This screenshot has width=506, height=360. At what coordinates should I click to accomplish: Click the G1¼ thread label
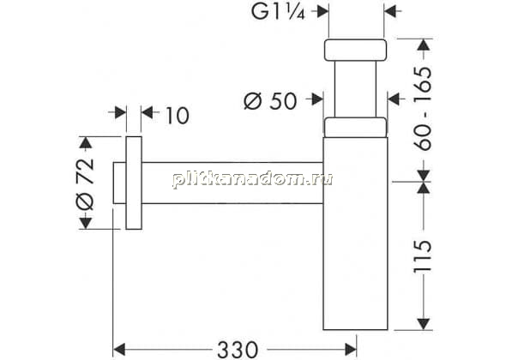tap(278, 12)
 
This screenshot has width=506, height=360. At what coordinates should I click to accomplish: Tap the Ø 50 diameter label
tap(270, 100)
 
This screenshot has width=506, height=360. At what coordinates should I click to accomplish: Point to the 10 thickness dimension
tap(178, 115)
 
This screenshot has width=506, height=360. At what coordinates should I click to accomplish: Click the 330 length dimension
tap(238, 350)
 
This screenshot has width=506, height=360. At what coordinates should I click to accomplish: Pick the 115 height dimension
tap(423, 256)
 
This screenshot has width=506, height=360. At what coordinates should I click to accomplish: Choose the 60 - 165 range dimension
tap(423, 108)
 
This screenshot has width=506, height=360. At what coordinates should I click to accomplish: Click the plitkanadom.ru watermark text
tap(252, 179)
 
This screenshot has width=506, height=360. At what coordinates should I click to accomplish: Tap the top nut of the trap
tap(355, 50)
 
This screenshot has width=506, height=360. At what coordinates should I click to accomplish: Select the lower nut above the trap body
tap(355, 128)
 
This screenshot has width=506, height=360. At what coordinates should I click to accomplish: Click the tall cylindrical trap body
tap(355, 233)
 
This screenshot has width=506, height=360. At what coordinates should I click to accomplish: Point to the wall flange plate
tap(134, 183)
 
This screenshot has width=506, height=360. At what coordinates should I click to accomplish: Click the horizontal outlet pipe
tap(232, 183)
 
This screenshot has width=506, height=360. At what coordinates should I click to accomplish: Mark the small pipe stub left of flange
tap(119, 183)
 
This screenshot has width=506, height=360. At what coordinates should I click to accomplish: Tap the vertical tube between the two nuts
tap(355, 89)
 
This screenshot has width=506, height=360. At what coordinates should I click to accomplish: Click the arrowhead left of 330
tap(119, 350)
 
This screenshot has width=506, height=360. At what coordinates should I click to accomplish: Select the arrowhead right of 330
tap(351, 350)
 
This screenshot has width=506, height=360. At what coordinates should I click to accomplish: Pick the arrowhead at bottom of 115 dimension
tap(423, 324)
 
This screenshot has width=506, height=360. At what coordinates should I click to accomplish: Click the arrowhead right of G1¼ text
tap(322, 12)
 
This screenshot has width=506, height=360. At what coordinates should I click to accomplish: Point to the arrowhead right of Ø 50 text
tap(317, 99)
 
